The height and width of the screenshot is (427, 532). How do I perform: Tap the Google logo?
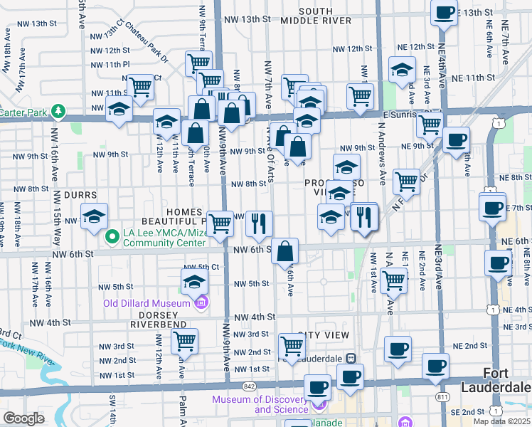[23, 418]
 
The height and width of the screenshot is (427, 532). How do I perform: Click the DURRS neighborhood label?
[79, 194]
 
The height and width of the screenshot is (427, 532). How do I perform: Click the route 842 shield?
[248, 385]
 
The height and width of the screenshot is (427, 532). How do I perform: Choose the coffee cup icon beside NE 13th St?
[444, 12]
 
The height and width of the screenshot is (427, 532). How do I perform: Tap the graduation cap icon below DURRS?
[94, 216]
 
